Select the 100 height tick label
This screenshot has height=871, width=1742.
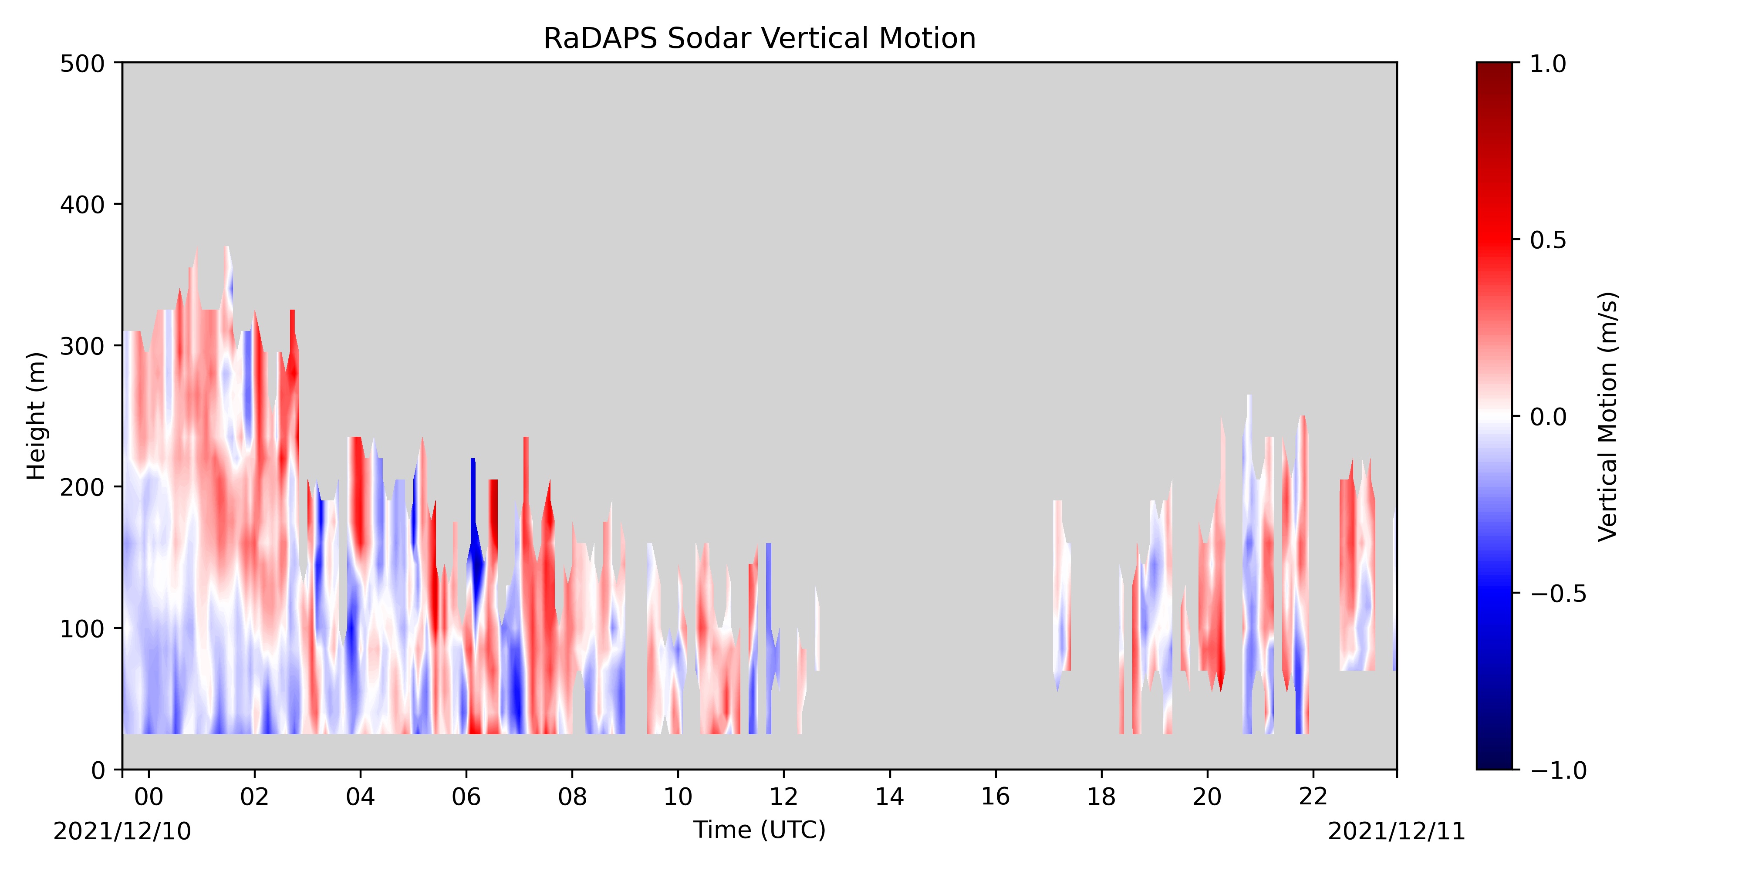(82, 628)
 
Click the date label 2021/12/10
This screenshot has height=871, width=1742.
(122, 831)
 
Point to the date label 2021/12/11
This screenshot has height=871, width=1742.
(1397, 831)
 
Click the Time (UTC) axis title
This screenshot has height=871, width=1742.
(760, 830)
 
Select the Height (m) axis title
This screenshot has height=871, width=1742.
(37, 416)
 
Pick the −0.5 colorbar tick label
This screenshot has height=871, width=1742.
(1558, 593)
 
